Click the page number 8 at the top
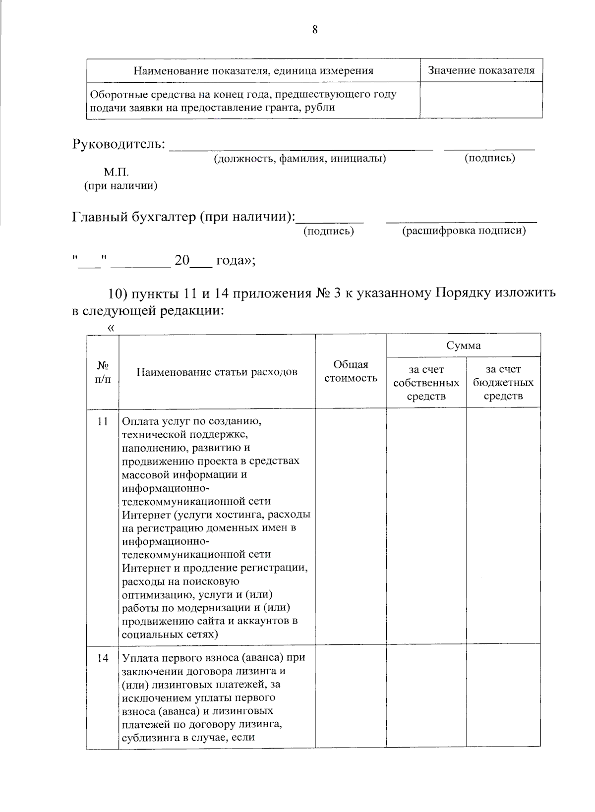[x=315, y=30]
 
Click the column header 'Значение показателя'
[x=481, y=70]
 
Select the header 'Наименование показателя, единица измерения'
[x=253, y=70]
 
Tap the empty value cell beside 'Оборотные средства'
[x=481, y=100]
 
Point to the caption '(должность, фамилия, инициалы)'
[x=299, y=159]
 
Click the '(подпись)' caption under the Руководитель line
[x=489, y=158]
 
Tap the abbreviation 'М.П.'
[x=116, y=173]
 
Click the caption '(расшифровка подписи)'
[x=464, y=231]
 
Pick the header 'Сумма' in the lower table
[x=463, y=345]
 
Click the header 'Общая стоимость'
[x=351, y=371]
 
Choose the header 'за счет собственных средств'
[x=426, y=383]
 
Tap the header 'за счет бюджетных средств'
[x=503, y=383]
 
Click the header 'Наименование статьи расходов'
[x=217, y=372]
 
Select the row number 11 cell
[x=103, y=421]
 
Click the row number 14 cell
[x=103, y=658]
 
